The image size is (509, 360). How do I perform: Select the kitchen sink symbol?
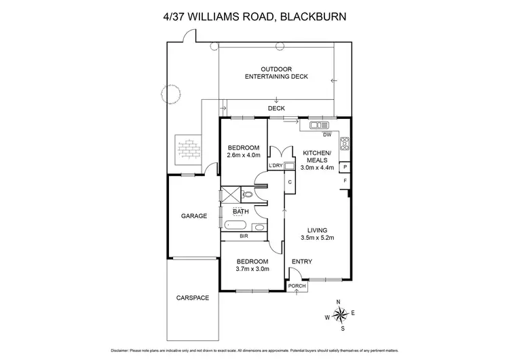(x=318, y=125)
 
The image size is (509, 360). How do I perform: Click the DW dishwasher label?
(x=326, y=134)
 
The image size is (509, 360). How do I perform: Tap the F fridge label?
(x=345, y=181)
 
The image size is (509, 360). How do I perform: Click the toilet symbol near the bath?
(x=248, y=195)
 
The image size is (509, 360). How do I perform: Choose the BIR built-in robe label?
(x=243, y=236)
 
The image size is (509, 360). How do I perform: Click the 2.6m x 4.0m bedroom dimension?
(x=243, y=155)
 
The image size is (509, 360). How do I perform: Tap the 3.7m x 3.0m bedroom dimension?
(x=252, y=269)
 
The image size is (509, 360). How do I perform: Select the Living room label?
(x=317, y=230)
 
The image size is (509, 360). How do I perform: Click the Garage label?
(x=193, y=216)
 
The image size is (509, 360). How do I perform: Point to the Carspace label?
(x=193, y=298)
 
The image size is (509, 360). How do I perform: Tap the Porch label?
(x=297, y=286)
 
